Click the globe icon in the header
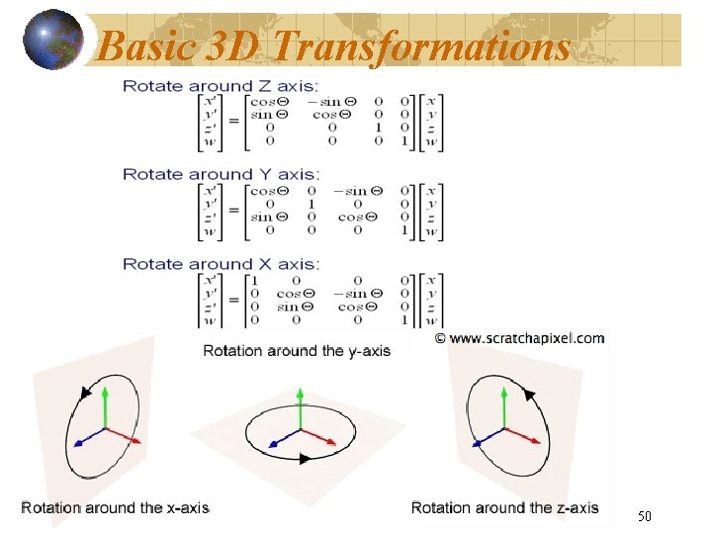(x=52, y=40)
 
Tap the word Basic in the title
(x=143, y=44)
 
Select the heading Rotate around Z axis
(x=220, y=86)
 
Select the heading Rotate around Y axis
(x=221, y=174)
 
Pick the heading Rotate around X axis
(x=221, y=264)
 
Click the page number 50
(x=644, y=516)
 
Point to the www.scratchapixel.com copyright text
(x=520, y=338)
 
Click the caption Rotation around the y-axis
(x=297, y=350)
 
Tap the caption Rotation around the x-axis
(x=115, y=507)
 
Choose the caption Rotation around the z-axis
(x=504, y=507)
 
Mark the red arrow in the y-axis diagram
(x=321, y=434)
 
